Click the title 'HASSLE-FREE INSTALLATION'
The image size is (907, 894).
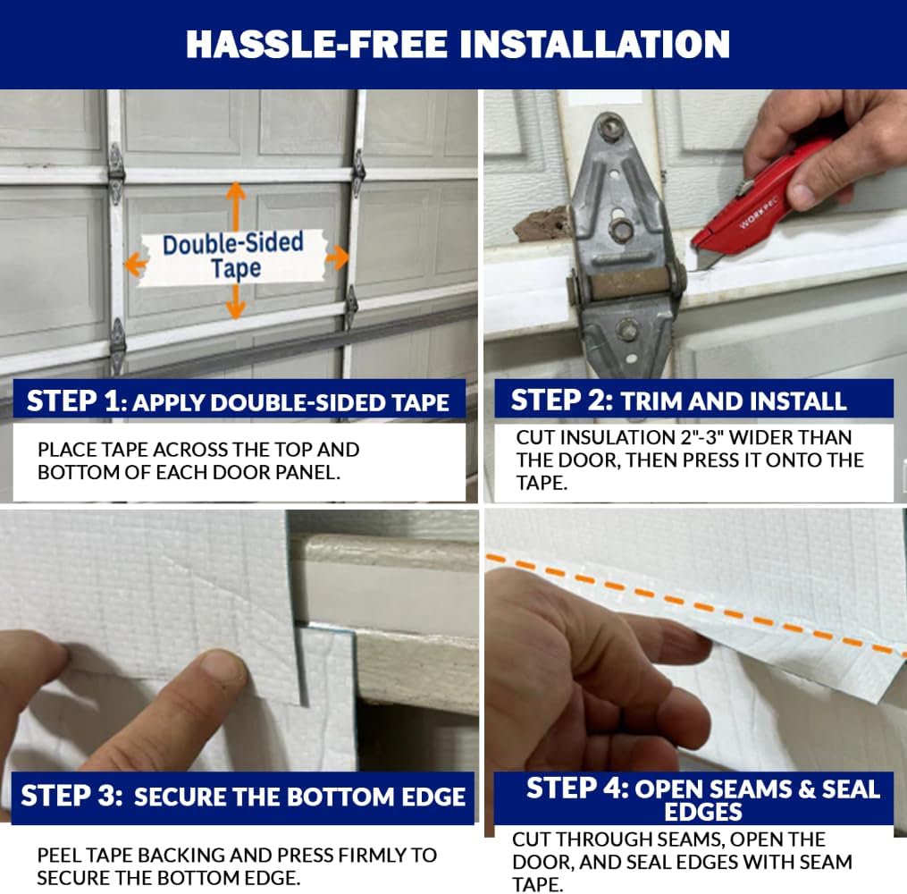click(457, 44)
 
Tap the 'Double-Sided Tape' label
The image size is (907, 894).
click(234, 256)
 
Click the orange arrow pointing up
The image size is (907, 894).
click(236, 204)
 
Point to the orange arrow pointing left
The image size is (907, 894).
click(136, 264)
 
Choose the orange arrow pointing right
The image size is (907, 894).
click(337, 258)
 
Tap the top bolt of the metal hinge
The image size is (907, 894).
click(610, 127)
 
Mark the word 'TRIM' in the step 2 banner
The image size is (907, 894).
click(651, 401)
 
